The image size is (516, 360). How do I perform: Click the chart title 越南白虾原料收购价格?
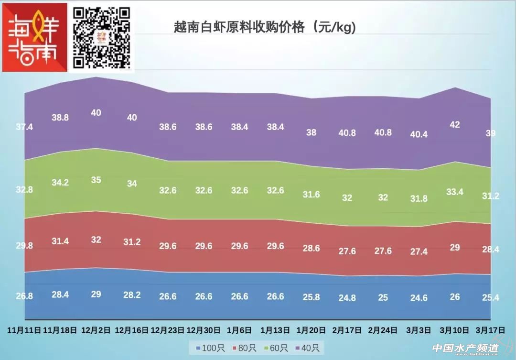pos(265,28)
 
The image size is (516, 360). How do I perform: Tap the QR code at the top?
pos(101,37)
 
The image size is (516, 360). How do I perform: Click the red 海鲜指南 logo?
pos(34,37)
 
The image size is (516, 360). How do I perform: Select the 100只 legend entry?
pos(206,348)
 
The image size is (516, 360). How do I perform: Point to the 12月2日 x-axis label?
pos(96,330)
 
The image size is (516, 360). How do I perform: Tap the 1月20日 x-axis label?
pos(311,330)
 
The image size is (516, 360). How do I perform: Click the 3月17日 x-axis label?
pos(490,330)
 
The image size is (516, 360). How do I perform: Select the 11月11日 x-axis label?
pos(24,330)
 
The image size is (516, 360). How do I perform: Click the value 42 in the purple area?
pos(455,125)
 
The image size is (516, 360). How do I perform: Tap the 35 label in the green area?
pos(96,180)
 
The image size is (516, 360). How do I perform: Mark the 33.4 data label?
pos(455,192)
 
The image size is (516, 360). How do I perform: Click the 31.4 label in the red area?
pos(60,241)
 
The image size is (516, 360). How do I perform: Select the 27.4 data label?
pos(419,251)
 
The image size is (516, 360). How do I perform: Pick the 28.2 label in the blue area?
pos(132,295)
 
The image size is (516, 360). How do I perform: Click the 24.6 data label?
pos(419,298)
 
